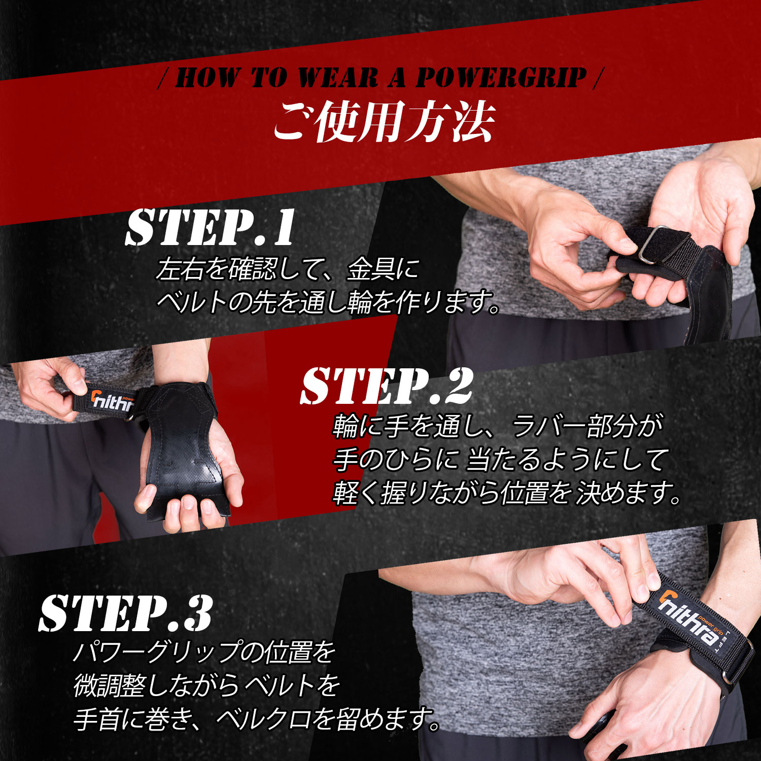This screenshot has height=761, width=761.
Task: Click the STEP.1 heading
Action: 210,227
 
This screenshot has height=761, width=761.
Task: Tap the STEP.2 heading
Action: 387,387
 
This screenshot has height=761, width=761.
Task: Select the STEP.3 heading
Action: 125,613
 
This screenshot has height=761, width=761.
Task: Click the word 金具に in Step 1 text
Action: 383,269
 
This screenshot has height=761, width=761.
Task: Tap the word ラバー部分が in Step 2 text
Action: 587,427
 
